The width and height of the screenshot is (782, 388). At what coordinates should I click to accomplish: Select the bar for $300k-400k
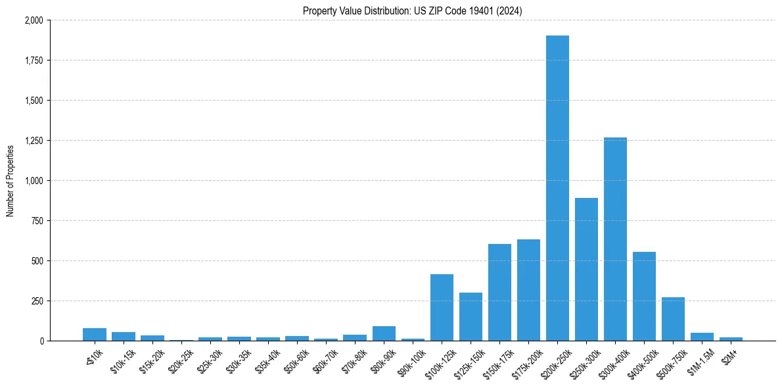[615, 239]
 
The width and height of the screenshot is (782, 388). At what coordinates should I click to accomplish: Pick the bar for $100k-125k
[442, 308]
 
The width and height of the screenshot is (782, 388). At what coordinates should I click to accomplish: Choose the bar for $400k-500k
[644, 297]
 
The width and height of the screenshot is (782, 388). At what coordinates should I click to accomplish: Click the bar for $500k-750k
[673, 319]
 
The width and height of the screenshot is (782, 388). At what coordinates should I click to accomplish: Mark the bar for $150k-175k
[499, 293]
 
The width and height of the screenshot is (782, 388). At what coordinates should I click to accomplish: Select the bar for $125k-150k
[471, 317]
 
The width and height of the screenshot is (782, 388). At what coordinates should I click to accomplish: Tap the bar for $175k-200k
[528, 290]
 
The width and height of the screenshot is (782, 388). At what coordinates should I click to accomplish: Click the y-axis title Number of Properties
[10, 181]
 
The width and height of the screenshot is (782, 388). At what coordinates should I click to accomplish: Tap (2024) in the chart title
[509, 11]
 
